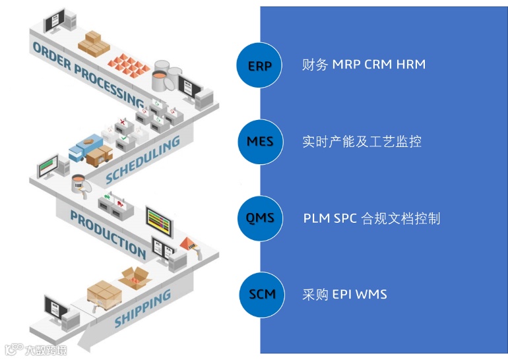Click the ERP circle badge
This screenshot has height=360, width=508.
coord(259,65)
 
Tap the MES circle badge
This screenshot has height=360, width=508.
coord(259,141)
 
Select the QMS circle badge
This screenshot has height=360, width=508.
coord(259,218)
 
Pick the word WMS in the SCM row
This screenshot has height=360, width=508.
coord(371,294)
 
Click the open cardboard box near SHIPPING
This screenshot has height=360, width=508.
coord(136,280)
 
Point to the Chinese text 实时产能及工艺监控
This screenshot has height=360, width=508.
coord(362,141)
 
